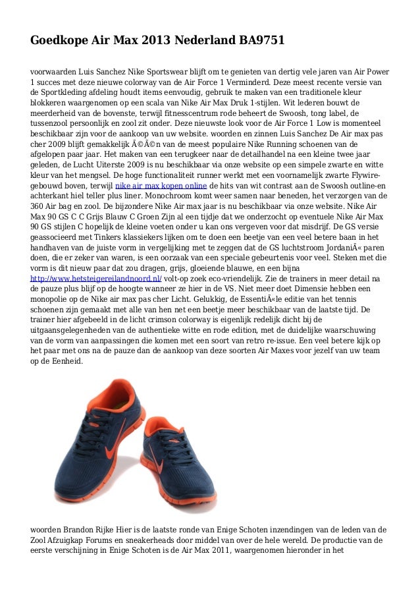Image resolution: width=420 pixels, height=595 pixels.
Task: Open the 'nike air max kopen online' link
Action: pos(161,186)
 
